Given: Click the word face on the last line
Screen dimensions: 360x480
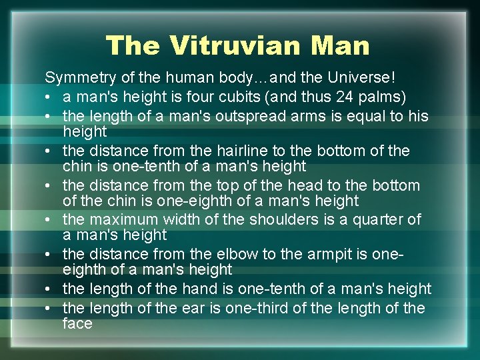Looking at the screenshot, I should pyautogui.click(x=77, y=323).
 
